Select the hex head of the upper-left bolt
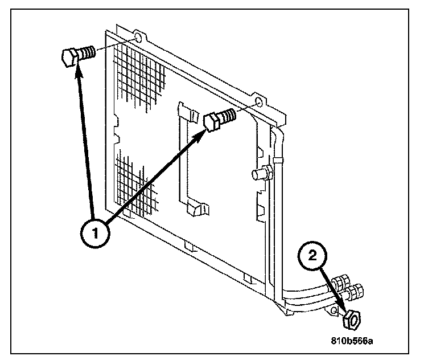click(x=68, y=58)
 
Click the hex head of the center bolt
click(x=211, y=121)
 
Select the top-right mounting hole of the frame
click(x=260, y=103)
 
